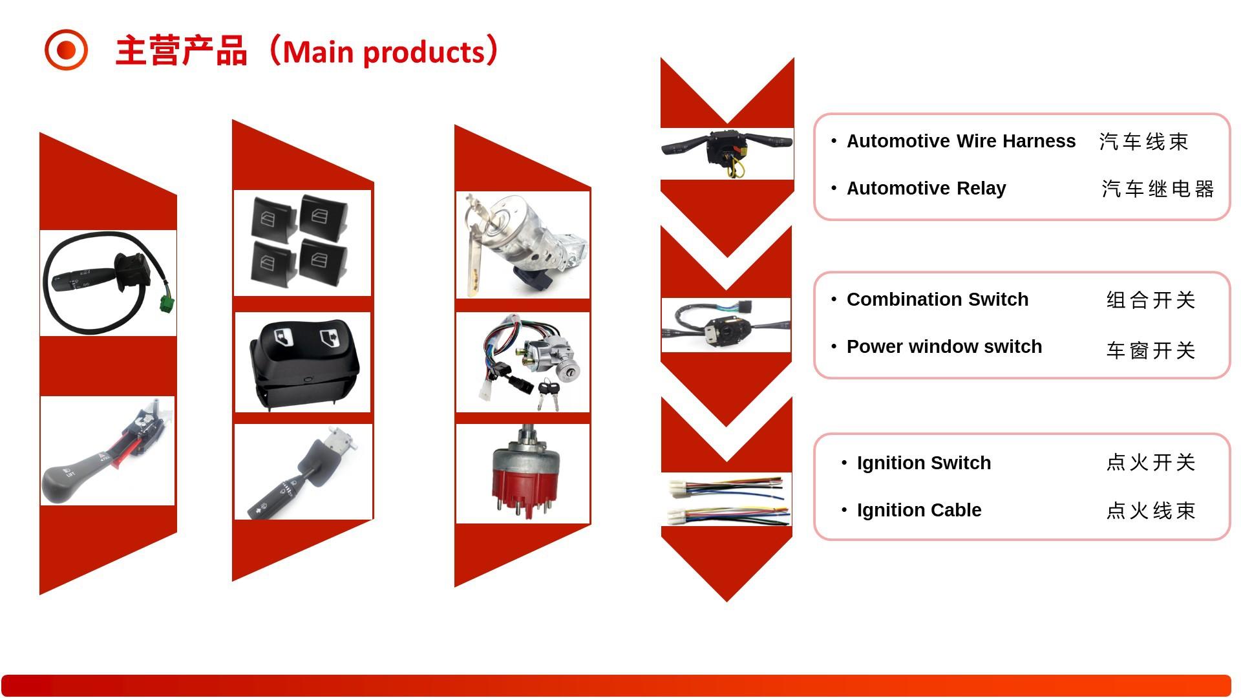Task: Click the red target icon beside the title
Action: click(66, 50)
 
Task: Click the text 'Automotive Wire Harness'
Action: click(960, 141)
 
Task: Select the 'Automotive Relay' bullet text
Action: click(926, 188)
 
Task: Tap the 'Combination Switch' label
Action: click(937, 299)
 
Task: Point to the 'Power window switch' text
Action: click(944, 346)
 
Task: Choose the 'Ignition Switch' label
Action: click(924, 463)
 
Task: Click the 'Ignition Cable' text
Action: click(918, 510)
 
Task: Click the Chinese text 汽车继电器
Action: click(1158, 189)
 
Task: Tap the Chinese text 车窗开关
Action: click(1151, 350)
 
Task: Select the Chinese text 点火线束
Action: click(1151, 511)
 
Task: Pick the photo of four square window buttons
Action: click(302, 243)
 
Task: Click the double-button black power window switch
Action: click(302, 362)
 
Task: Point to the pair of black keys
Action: click(548, 394)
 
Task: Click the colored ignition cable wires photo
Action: click(727, 500)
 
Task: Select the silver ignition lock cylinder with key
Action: click(523, 245)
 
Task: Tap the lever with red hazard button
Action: click(107, 450)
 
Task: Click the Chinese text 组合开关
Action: click(1151, 300)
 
